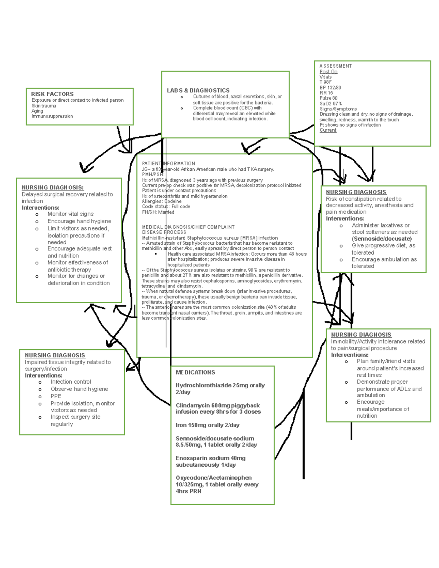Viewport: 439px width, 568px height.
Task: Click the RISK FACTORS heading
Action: click(52, 94)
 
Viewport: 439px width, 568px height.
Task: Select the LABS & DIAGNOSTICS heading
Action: click(198, 90)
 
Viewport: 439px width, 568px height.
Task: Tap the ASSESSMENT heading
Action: click(335, 66)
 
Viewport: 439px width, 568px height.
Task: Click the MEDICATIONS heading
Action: click(195, 372)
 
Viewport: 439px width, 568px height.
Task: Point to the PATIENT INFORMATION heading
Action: click(168, 163)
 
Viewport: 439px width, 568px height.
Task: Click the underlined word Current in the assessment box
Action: click(328, 130)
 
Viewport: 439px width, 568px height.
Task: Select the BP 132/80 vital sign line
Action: click(330, 88)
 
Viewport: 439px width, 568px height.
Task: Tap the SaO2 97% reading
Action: click(330, 104)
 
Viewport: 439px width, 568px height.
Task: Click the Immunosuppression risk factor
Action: click(52, 116)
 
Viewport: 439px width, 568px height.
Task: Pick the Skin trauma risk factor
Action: click(44, 106)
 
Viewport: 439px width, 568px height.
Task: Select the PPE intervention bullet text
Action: click(56, 396)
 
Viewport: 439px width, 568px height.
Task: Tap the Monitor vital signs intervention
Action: click(70, 214)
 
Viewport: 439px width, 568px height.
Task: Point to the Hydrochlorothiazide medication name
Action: click(203, 385)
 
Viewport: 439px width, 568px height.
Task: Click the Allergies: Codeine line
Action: click(161, 202)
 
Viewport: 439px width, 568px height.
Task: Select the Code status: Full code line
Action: click(166, 207)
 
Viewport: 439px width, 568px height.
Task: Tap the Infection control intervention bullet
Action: click(71, 382)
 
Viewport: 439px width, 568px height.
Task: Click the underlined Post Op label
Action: click(328, 72)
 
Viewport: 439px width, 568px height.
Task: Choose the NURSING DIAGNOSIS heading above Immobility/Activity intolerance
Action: click(361, 335)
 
